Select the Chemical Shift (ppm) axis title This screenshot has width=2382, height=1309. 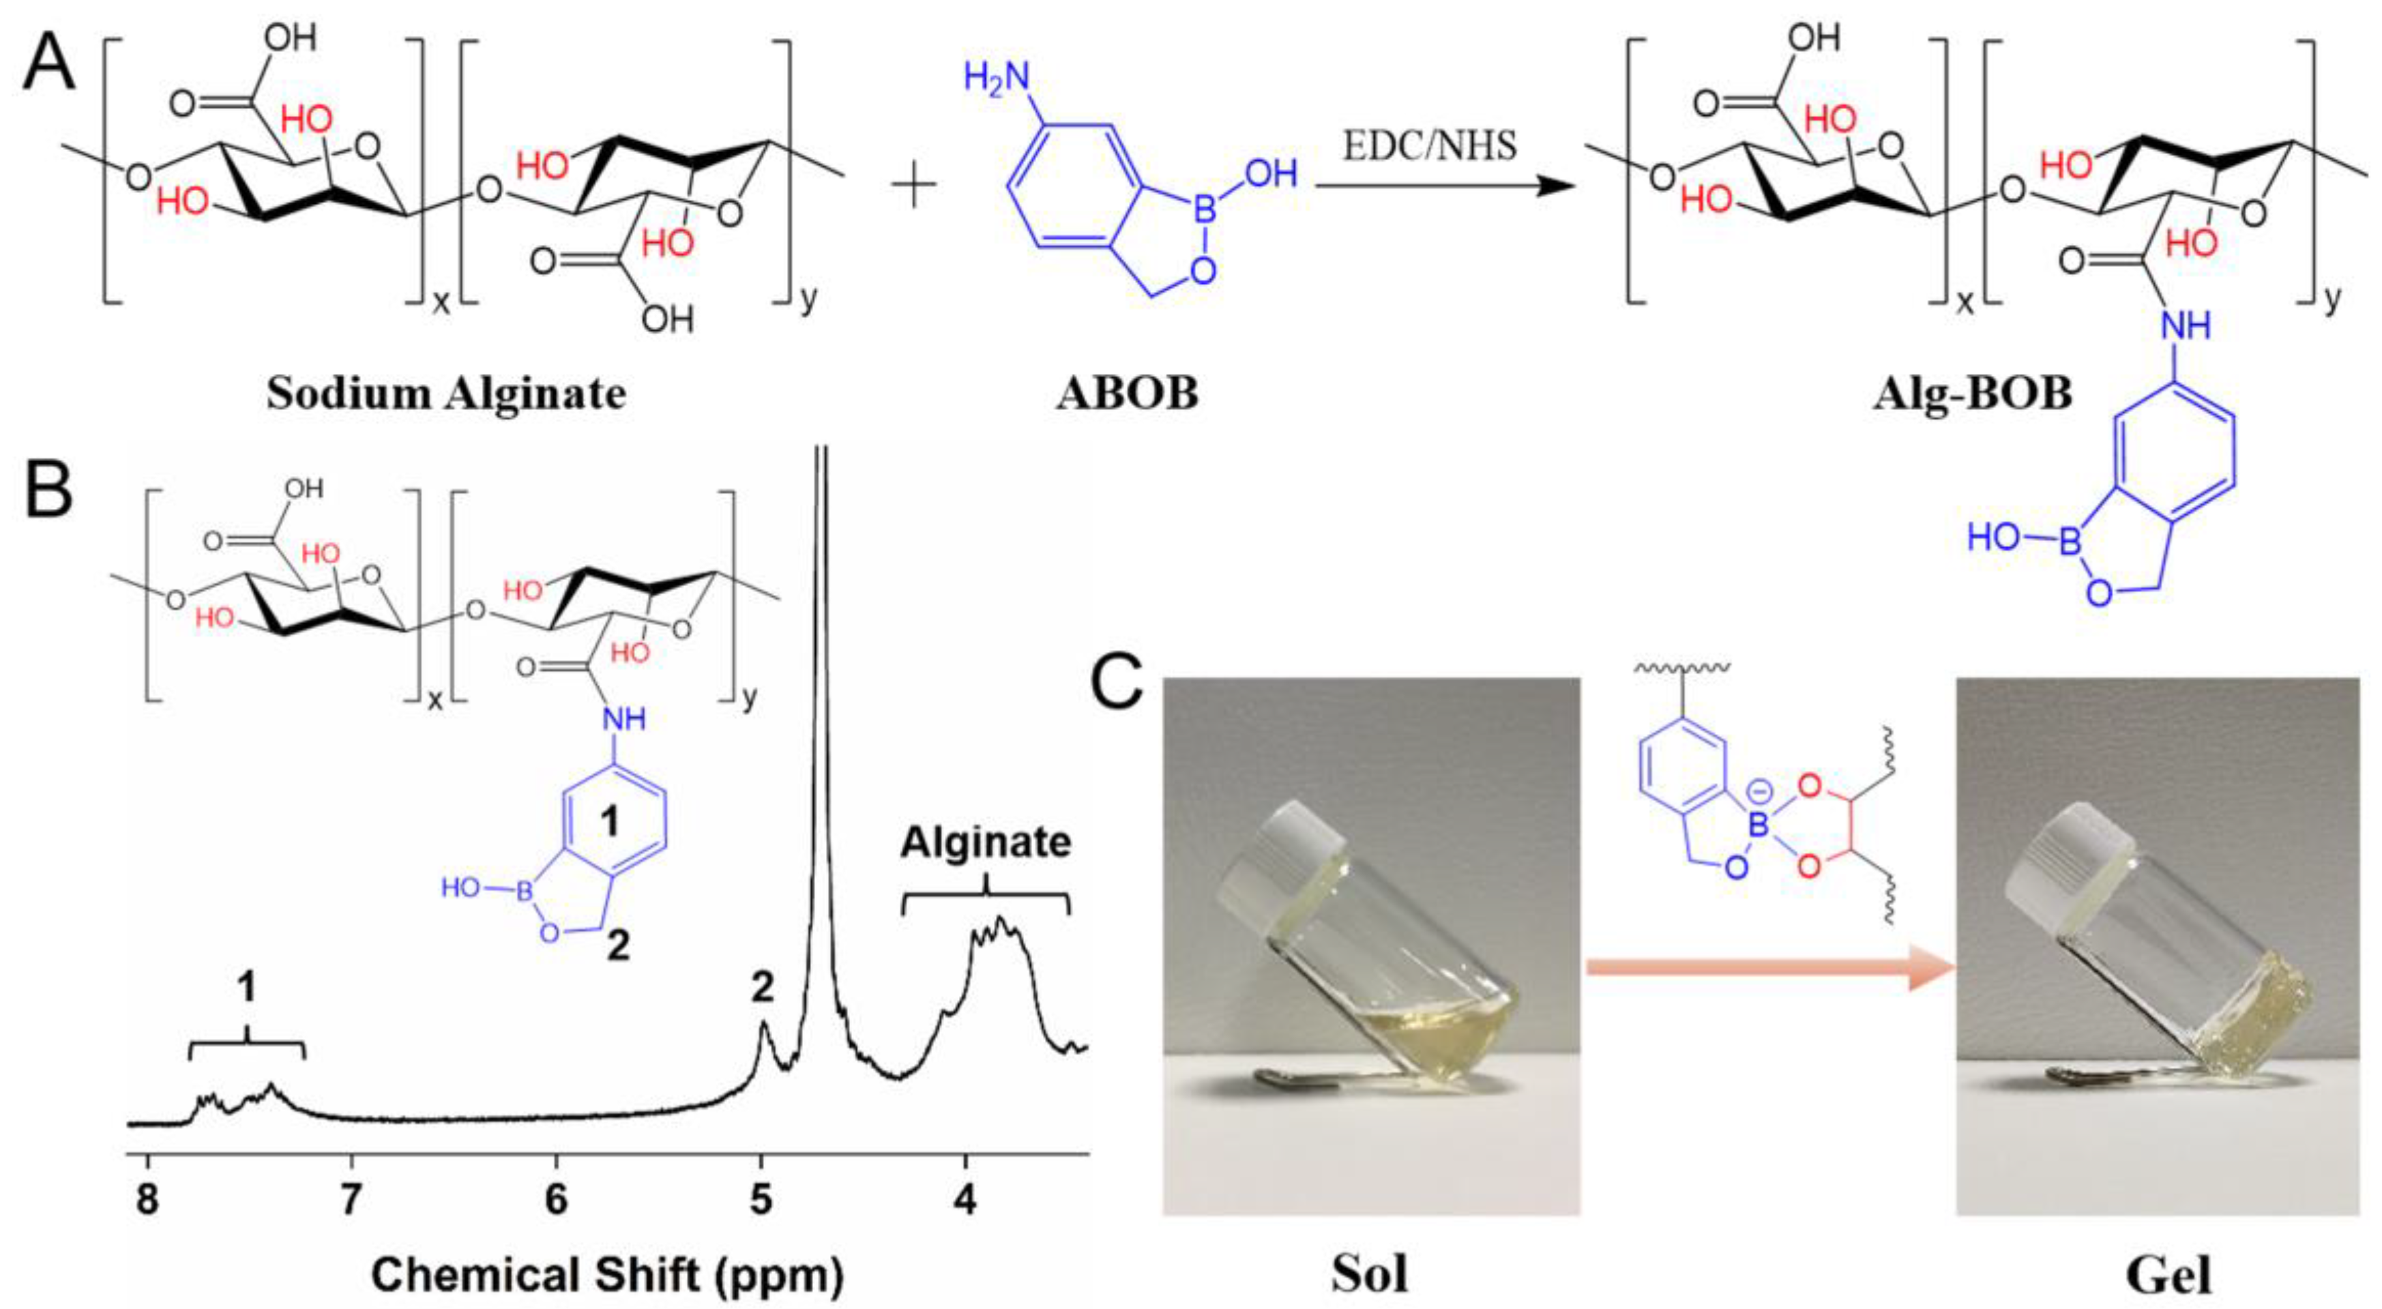tap(608, 1275)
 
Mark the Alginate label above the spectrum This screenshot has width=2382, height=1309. tap(986, 843)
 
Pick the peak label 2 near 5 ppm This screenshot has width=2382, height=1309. tap(762, 989)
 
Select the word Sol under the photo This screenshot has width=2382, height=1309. tap(1370, 1274)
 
